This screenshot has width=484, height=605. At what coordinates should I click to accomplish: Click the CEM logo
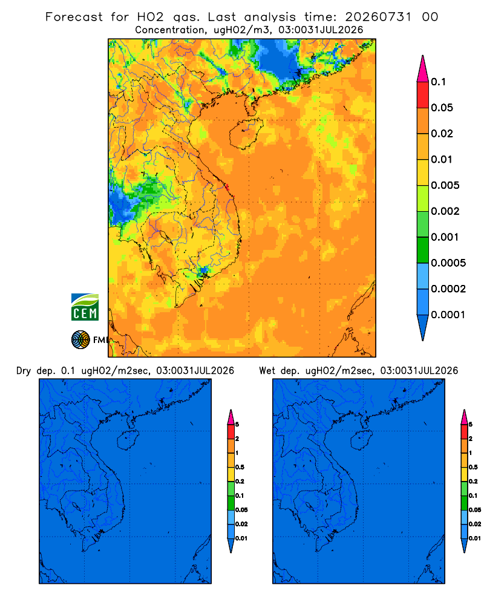85,307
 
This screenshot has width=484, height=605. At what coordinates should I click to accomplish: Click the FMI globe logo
80,339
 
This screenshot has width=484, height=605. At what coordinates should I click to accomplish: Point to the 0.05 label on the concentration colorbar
442,108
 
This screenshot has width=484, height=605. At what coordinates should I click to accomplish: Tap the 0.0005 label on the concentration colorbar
448,263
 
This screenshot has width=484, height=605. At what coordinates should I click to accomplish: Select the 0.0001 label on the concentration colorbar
448,315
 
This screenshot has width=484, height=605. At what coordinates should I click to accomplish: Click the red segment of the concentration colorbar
423,95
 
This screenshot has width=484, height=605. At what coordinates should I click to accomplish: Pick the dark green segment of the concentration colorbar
423,250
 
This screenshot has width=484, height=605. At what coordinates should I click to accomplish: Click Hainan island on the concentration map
246,134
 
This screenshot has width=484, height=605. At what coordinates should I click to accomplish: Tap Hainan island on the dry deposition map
128,440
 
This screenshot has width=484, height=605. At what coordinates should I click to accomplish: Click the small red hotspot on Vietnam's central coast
227,188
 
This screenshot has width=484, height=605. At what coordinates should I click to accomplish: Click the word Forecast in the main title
74,17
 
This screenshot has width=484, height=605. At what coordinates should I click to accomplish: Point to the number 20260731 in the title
378,17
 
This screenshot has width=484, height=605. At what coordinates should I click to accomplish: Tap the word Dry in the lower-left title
24,371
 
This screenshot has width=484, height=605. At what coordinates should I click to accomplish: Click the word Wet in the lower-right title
267,371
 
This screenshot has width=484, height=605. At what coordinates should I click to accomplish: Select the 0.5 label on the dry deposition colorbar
240,467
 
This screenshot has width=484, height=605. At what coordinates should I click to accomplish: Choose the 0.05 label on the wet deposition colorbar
475,510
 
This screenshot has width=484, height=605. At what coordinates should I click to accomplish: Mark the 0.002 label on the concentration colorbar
445,211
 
